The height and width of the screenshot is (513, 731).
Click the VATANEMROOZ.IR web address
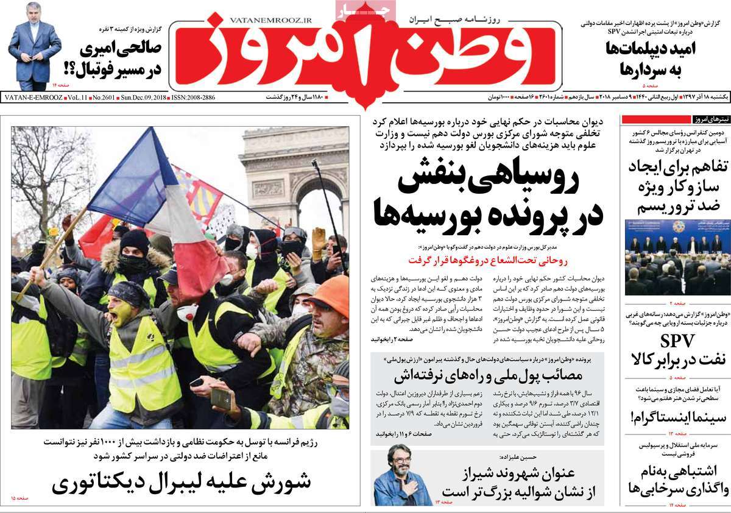271,20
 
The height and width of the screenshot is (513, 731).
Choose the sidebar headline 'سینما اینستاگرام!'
676,417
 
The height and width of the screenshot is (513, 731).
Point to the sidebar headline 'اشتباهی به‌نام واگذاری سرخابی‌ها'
674,479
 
